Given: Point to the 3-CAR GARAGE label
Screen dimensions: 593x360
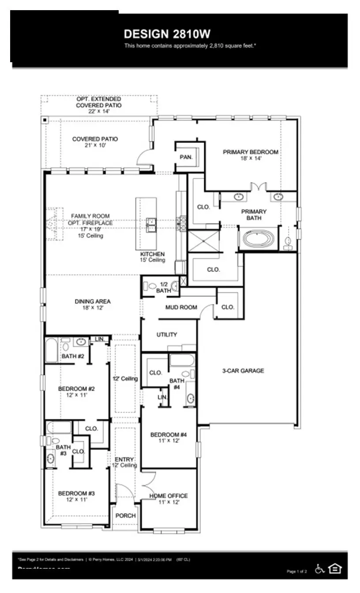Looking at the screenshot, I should tap(243, 371).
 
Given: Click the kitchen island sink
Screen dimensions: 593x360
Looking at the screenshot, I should tap(151, 225).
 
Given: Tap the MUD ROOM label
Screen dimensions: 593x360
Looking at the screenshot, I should tap(181, 307).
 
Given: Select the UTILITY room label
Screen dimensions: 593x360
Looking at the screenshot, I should tap(167, 334).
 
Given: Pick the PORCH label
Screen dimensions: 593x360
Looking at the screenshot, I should tap(126, 515).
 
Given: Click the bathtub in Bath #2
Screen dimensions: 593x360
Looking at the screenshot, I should tap(51, 350).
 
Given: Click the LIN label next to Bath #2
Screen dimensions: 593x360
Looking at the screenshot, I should tap(99, 339).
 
